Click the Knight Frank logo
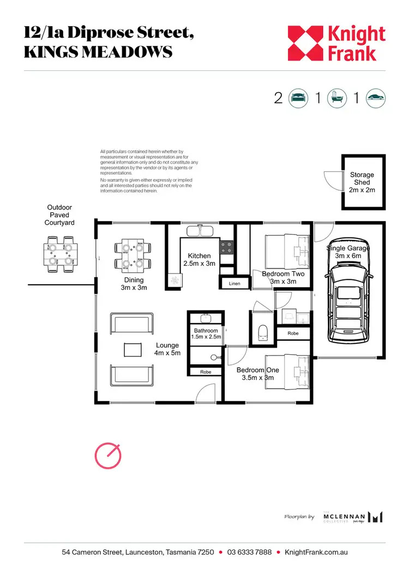pos(336,43)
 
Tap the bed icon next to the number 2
pos(297,98)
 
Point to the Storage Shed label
pos(362,182)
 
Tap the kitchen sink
pos(200,231)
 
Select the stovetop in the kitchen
pos(227,247)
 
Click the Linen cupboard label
pos(234,283)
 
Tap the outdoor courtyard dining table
pos(59,253)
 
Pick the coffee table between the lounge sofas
pos(133,348)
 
